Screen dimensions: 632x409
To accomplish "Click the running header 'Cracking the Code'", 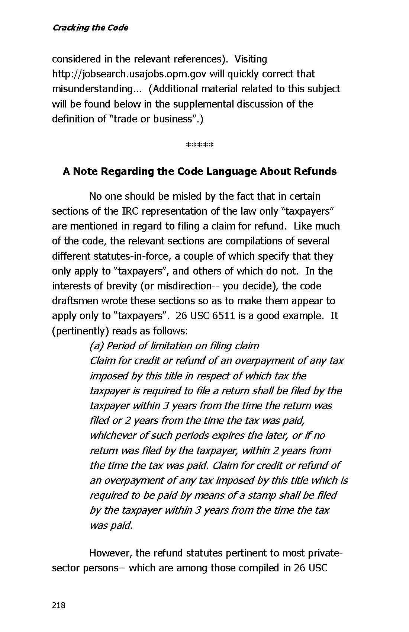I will click(90, 28).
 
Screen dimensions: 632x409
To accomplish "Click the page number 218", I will click(59, 605).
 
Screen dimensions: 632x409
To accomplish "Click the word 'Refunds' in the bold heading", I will click(315, 171).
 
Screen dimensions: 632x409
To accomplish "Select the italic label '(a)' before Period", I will click(96, 346).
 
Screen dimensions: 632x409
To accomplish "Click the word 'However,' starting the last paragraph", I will click(110, 553).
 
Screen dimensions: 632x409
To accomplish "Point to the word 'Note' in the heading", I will click(85, 171).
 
